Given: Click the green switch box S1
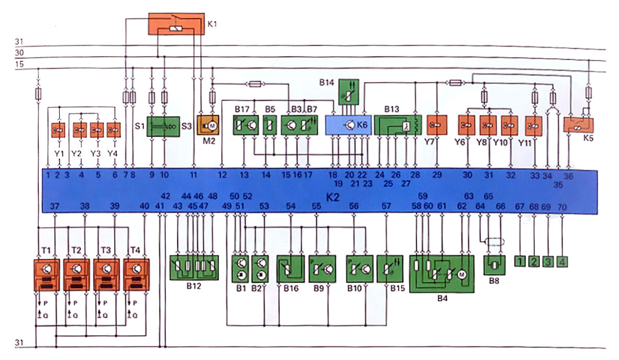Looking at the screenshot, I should [163, 126].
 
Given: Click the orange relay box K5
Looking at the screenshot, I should [578, 125].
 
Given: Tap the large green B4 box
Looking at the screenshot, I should [441, 274].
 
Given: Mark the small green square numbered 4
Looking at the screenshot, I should [562, 260].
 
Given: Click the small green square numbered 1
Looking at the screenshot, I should [520, 260].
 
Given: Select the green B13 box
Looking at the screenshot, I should [397, 126].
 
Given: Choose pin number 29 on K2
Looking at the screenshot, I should [437, 176].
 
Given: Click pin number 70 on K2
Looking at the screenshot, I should [562, 208].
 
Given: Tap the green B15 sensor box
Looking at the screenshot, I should [388, 269].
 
